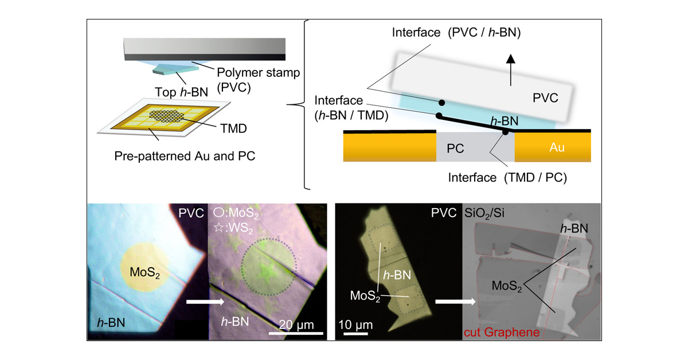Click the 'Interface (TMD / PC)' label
pyautogui.click(x=507, y=178)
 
